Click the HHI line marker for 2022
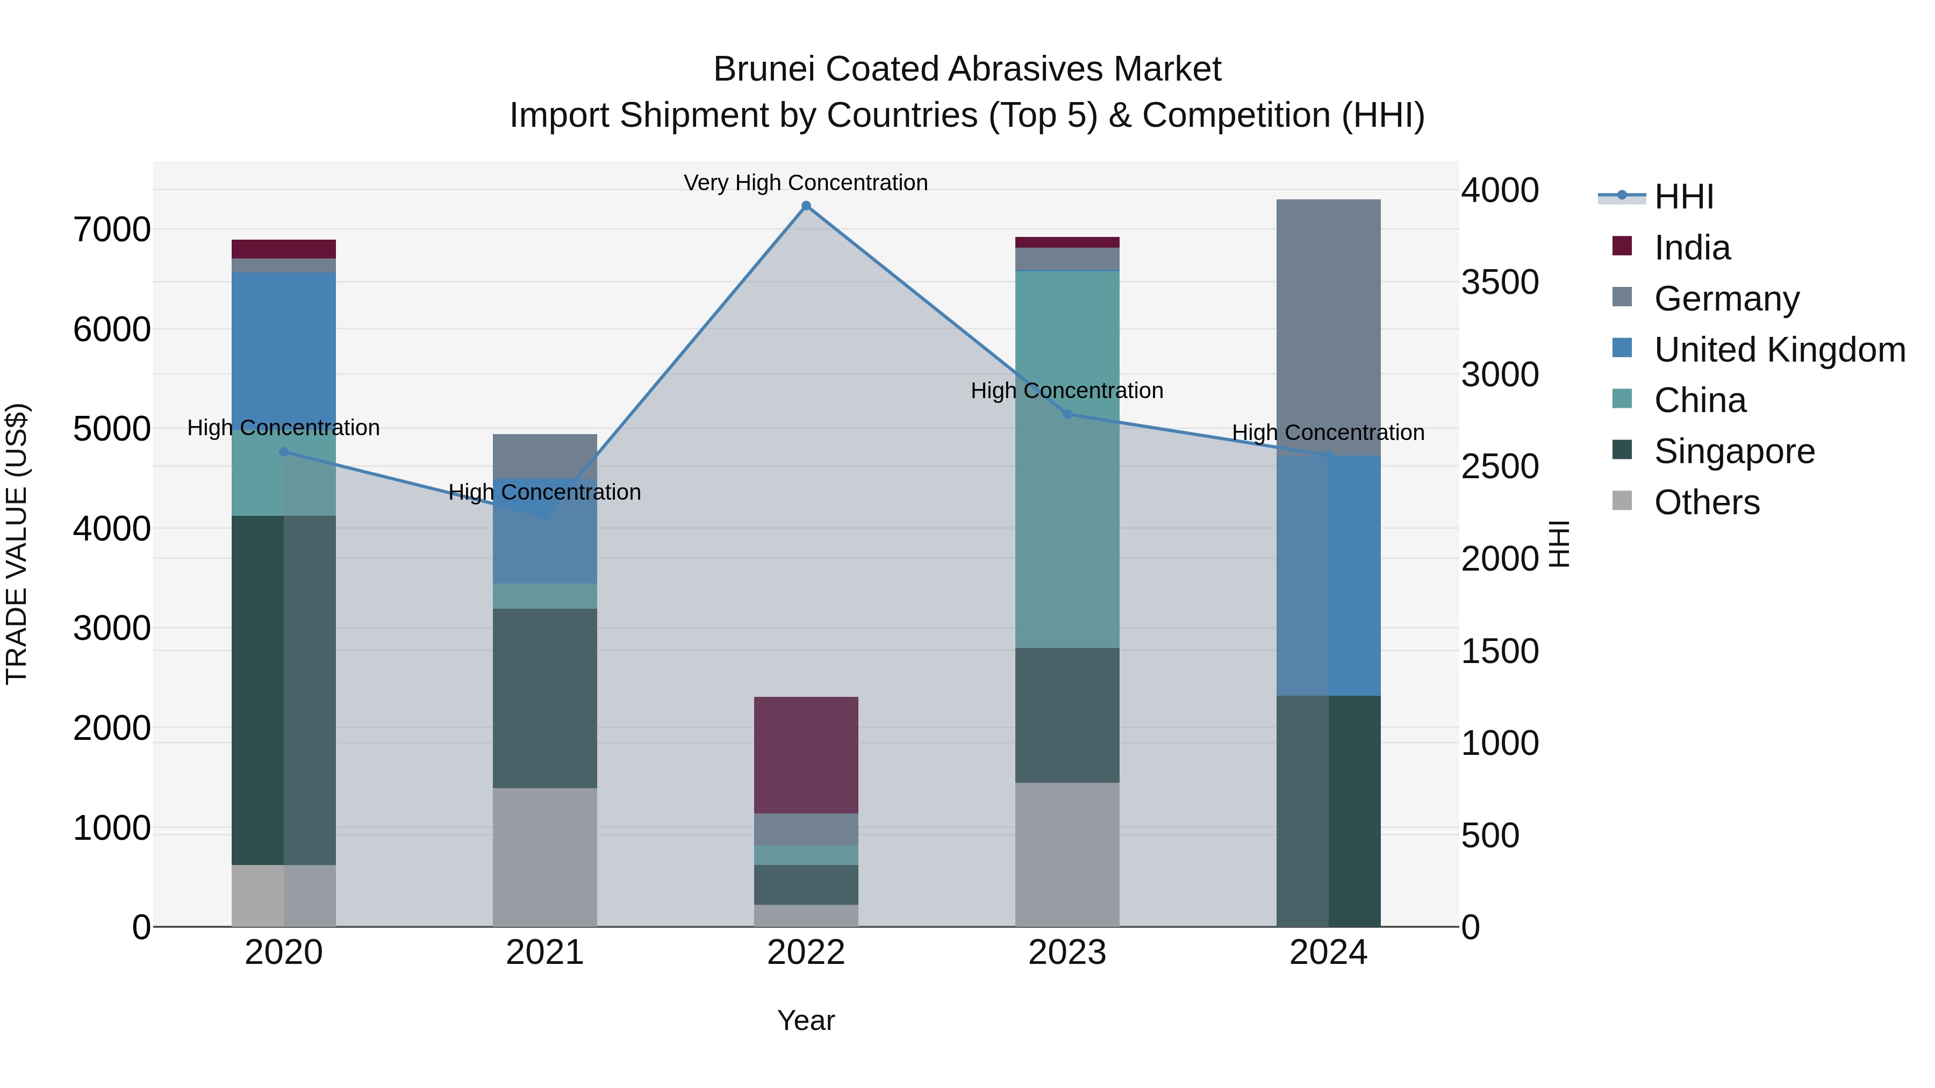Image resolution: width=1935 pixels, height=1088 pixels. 806,206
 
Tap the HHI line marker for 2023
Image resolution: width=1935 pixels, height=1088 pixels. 1066,414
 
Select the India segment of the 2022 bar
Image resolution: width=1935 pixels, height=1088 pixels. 806,755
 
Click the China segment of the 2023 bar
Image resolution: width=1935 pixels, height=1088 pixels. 1066,459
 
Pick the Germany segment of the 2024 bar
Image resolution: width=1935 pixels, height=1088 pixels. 1328,327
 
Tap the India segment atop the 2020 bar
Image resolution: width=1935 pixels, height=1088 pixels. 283,249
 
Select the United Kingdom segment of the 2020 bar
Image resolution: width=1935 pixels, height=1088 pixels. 283,349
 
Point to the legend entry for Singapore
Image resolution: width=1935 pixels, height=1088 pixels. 1733,451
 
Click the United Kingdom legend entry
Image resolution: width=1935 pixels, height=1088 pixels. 1779,350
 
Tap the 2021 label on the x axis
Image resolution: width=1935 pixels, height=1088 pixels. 544,953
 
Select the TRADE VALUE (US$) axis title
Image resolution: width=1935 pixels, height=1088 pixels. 17,544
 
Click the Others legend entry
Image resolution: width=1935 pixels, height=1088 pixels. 1706,502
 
